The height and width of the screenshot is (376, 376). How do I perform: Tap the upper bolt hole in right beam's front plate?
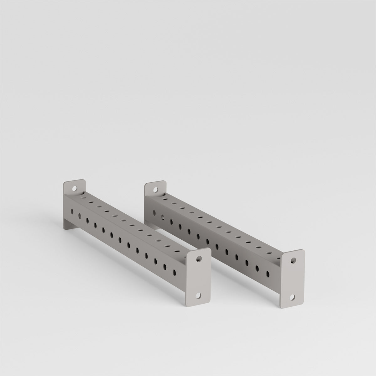point(293,260)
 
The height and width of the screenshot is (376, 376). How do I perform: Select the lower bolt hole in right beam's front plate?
point(293,297)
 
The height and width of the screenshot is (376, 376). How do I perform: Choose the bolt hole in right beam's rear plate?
point(155,190)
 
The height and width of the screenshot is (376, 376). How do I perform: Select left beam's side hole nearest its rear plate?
point(72,211)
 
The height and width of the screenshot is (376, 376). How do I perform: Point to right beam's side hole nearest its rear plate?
point(154,213)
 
